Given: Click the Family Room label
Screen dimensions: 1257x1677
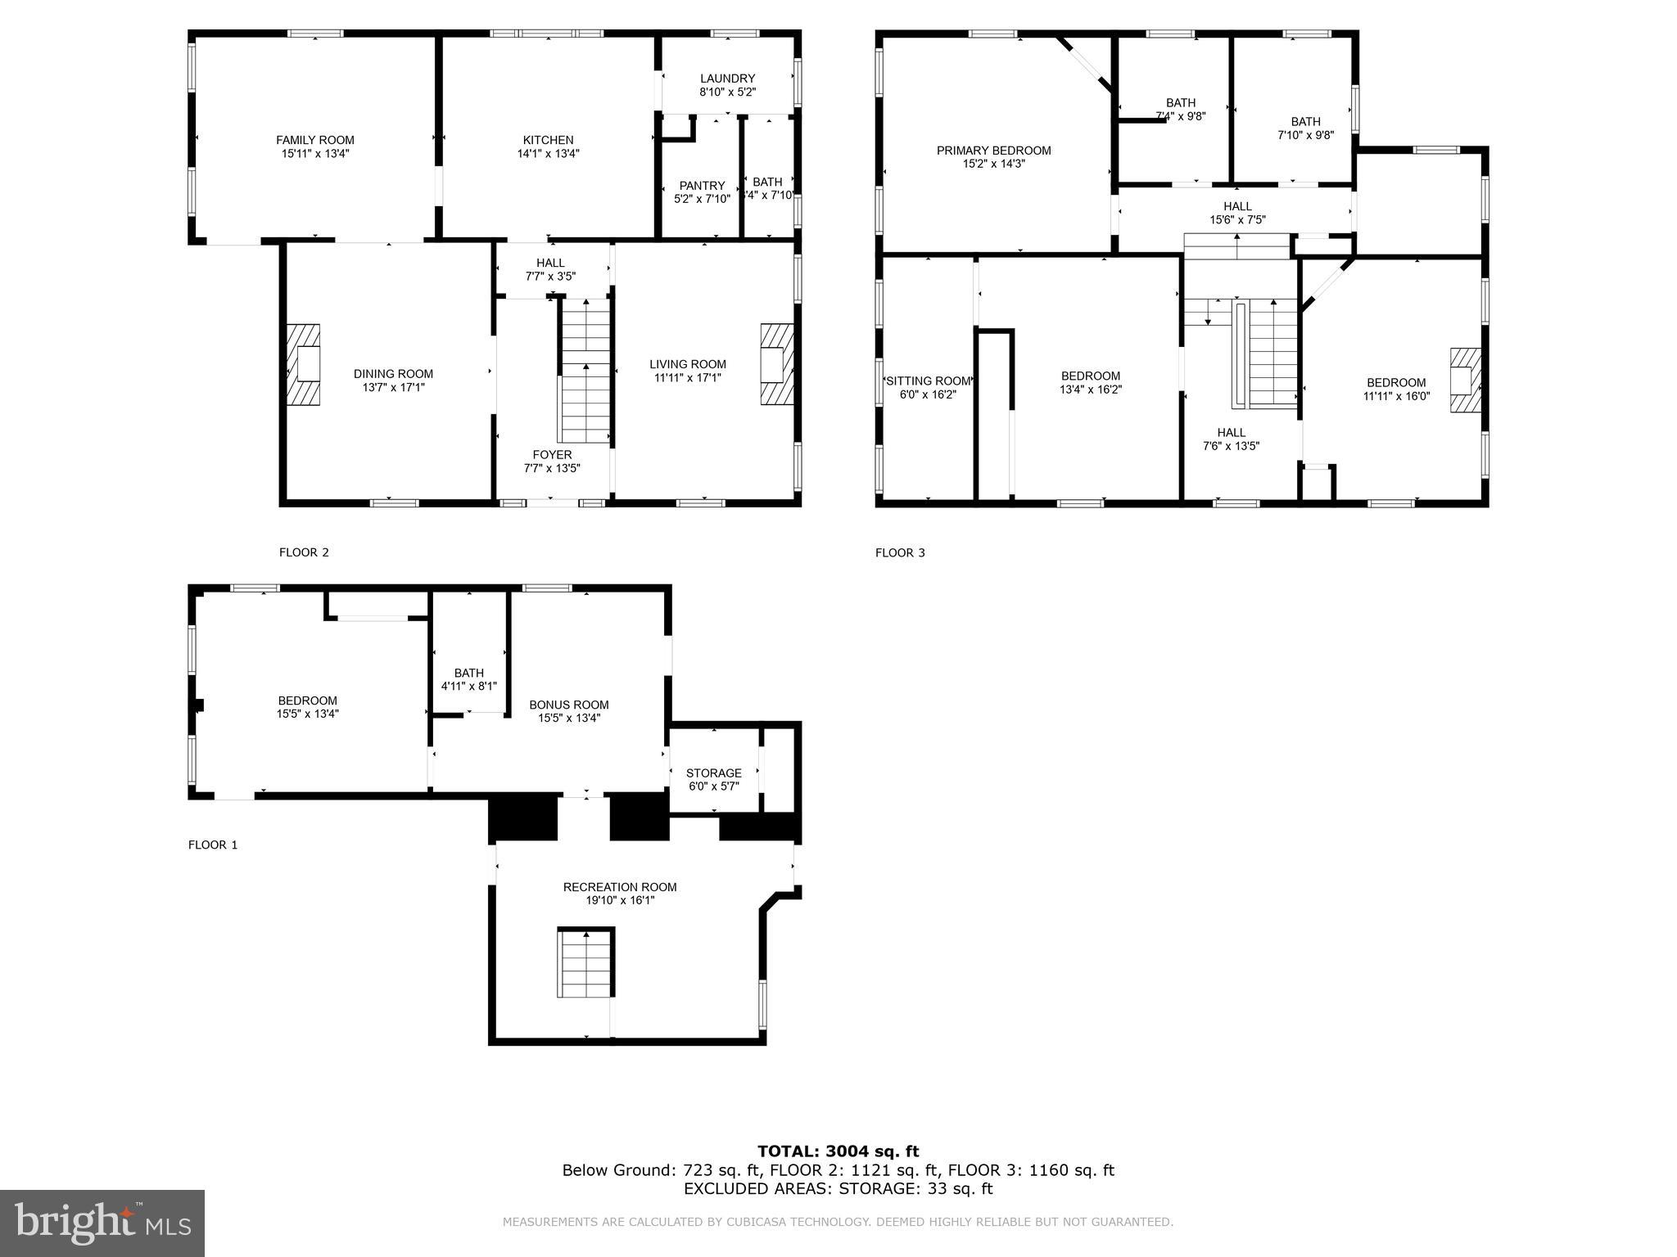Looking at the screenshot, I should coord(314,140).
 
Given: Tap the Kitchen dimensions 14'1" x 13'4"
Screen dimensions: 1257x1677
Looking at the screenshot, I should coord(548,154).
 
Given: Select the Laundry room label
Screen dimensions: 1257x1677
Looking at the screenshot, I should coord(727,79).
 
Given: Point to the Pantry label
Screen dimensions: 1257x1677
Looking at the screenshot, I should coord(702,186).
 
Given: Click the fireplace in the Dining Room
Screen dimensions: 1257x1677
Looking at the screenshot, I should coord(303,364).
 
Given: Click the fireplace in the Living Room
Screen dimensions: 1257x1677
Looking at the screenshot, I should coord(776,364).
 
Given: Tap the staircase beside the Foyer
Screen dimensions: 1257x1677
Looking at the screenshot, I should coord(585,372).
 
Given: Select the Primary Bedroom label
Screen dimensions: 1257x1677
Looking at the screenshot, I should coord(993,151).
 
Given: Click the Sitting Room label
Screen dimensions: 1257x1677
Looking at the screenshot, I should coord(928,381).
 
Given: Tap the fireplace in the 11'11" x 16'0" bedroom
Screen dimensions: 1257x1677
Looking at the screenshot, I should coord(1465,380).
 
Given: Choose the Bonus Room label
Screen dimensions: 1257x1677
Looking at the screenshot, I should coord(568,705).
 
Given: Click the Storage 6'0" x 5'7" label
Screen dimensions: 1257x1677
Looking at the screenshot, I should coord(713,773).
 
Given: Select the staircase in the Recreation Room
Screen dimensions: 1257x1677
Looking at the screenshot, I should coord(585,962).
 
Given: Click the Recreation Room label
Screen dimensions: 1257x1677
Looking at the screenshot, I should coord(619,887).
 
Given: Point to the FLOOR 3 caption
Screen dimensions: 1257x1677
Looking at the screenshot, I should coord(899,552).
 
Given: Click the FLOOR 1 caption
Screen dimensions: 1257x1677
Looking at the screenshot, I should coord(212,845).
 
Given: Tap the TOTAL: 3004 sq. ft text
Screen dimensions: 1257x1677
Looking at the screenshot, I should coord(838,1151).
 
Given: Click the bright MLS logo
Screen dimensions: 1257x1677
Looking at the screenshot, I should coord(102,1223).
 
